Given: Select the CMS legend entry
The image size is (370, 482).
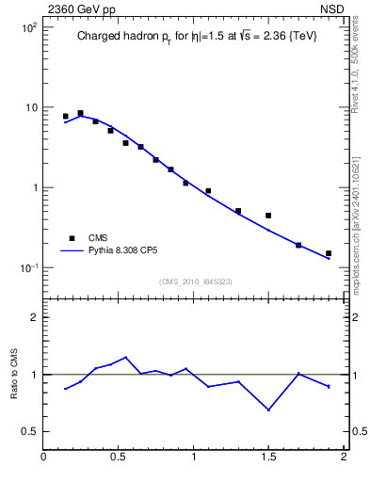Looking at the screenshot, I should pyautogui.click(x=98, y=238).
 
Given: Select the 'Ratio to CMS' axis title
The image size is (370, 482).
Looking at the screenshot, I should pyautogui.click(x=14, y=374).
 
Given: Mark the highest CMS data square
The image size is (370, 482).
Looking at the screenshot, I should pyautogui.click(x=80, y=113).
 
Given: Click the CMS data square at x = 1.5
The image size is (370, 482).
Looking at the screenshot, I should pyautogui.click(x=268, y=216).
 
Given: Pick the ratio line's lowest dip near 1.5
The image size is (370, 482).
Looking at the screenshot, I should pyautogui.click(x=268, y=410).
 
